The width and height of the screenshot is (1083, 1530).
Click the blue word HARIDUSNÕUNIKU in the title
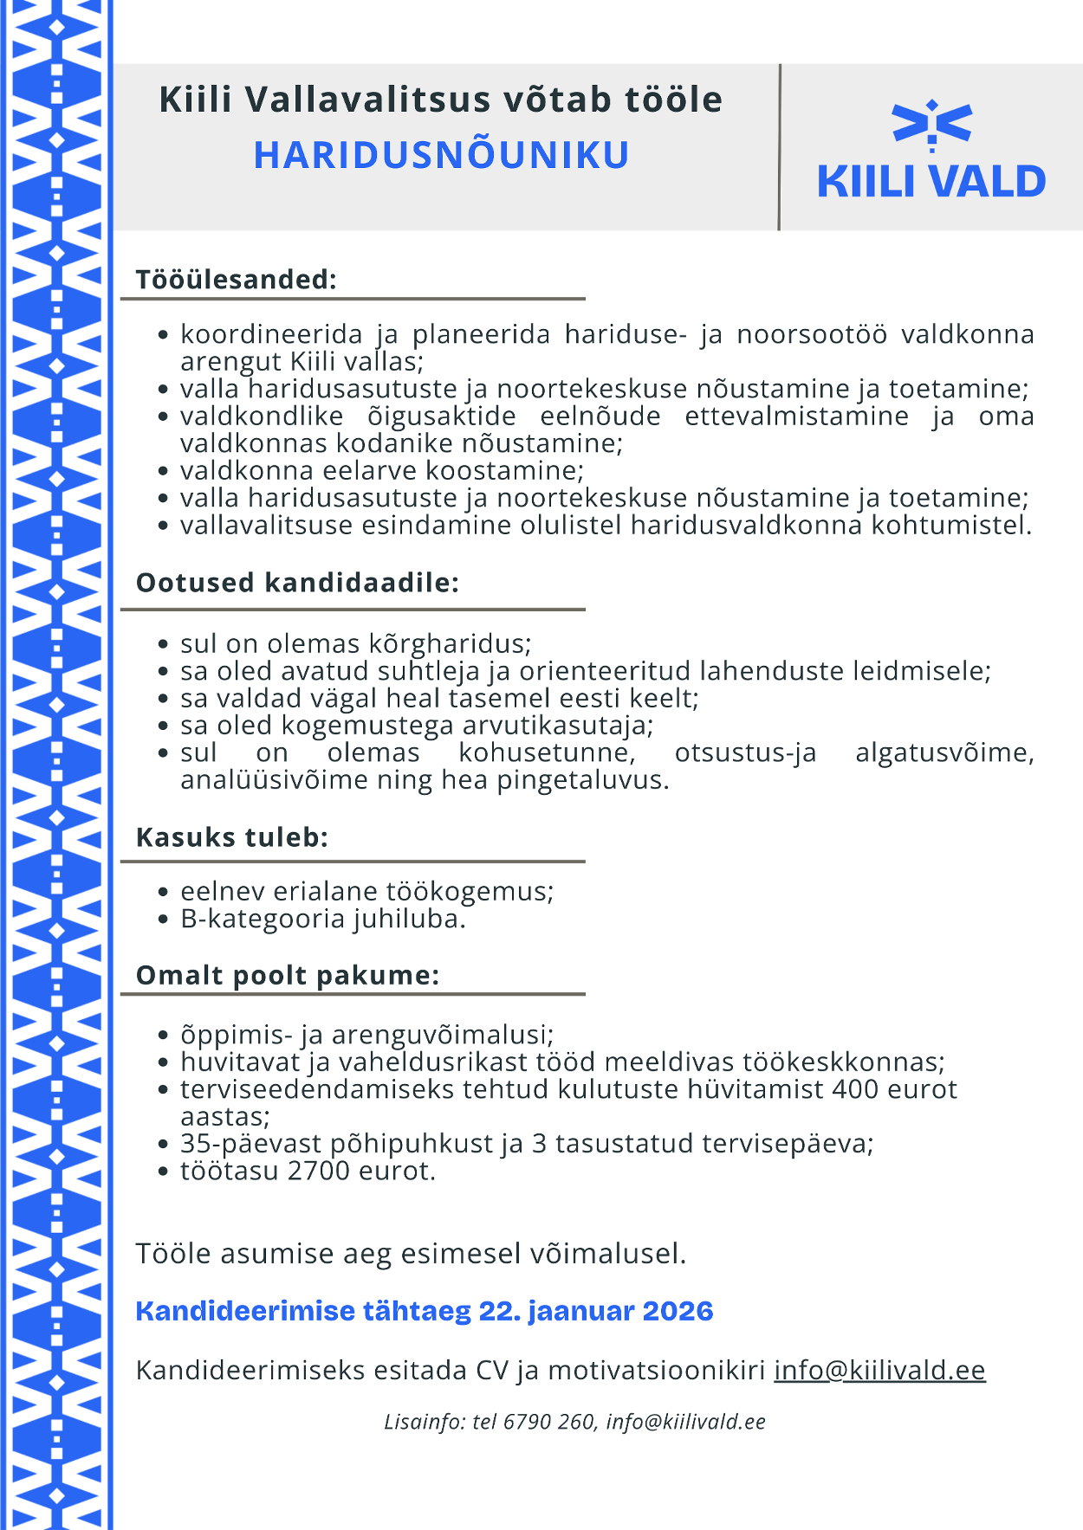(441, 156)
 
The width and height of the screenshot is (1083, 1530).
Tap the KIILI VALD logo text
(931, 182)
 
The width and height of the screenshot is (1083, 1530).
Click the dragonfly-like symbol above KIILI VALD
(931, 124)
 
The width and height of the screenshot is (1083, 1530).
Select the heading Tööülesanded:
(236, 280)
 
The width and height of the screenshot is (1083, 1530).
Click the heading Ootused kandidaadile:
(297, 583)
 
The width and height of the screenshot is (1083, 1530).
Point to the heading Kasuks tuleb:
(232, 837)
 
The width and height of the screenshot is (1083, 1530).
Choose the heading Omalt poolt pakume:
(288, 976)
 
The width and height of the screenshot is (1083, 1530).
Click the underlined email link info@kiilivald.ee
(879, 1370)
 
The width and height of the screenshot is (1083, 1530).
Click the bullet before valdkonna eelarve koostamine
(163, 472)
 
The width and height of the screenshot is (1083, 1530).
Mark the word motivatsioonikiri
(657, 1370)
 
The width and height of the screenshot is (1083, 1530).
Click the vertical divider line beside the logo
(780, 147)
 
